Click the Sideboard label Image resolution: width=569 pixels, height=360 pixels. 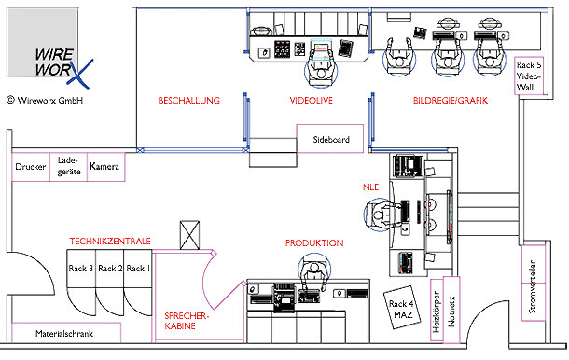[x=331, y=139]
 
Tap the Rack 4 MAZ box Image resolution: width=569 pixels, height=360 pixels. [x=403, y=308]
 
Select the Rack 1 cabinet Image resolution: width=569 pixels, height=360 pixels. [x=138, y=269]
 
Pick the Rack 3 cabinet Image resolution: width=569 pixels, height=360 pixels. [x=81, y=269]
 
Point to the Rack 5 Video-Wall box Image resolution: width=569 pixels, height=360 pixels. [x=529, y=76]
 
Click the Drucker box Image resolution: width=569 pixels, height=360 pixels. [x=31, y=167]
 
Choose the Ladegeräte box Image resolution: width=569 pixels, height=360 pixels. [x=69, y=167]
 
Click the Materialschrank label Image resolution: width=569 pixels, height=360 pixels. [x=64, y=334]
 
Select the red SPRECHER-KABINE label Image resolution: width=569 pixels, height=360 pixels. [x=187, y=321]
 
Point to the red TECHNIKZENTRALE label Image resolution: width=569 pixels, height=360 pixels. [x=110, y=242]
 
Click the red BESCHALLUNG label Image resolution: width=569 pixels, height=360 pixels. [x=189, y=101]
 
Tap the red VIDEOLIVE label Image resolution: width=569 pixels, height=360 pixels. [x=311, y=101]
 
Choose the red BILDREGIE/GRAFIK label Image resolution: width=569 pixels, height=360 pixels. [x=451, y=101]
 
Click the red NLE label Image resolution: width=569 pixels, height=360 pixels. [x=371, y=187]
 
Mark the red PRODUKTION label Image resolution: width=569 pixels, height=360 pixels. [x=314, y=243]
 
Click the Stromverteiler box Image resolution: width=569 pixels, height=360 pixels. [x=534, y=284]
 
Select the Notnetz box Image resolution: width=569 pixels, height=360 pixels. [x=451, y=309]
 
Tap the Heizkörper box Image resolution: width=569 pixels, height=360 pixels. [x=437, y=311]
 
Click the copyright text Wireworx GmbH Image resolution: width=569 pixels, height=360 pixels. [x=45, y=100]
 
